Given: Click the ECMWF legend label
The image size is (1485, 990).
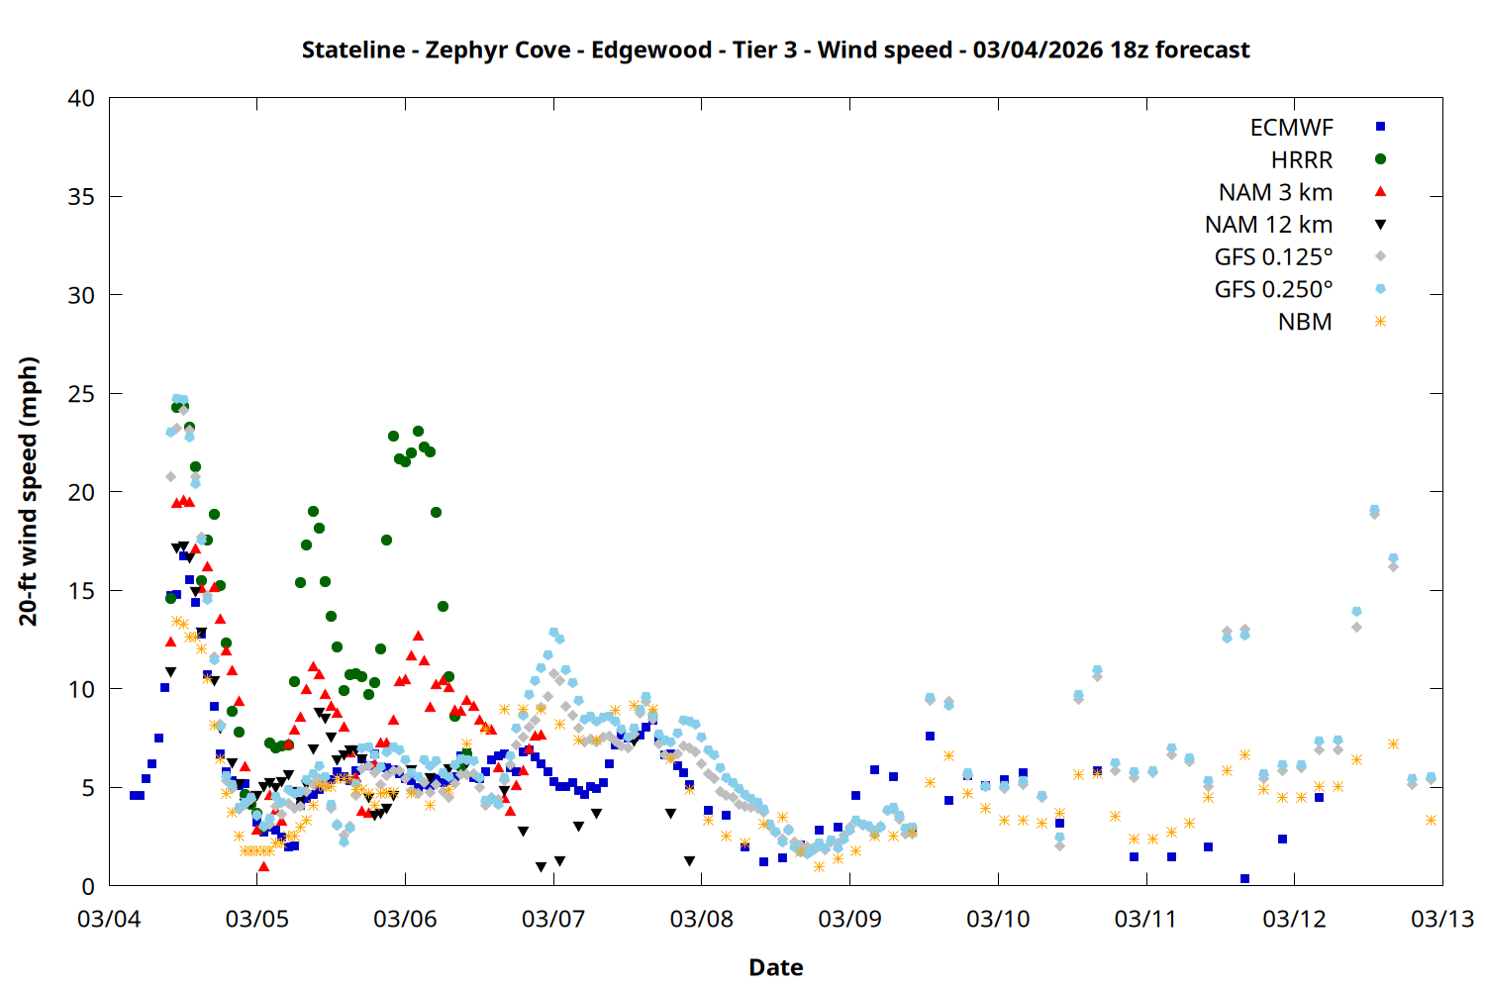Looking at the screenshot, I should (x=1291, y=128).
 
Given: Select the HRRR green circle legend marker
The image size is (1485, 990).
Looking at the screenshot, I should (x=1380, y=159).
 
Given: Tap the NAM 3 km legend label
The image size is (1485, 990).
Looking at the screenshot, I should (x=1275, y=192).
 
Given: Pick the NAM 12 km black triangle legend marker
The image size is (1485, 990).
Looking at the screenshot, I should (x=1380, y=225).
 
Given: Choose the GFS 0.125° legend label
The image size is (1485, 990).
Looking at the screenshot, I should (x=1273, y=257).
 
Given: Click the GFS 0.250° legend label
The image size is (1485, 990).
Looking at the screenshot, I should (x=1273, y=290).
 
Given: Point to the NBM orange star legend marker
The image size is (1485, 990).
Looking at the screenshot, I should (x=1380, y=322).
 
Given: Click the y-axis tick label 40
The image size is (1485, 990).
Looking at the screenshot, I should (x=81, y=98).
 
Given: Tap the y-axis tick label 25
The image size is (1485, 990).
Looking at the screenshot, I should (x=81, y=394).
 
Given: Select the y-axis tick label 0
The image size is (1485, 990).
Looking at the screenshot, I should (x=88, y=886).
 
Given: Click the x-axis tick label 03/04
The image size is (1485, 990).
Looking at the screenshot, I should (x=109, y=919).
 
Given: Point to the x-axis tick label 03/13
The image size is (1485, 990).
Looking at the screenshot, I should (x=1441, y=919).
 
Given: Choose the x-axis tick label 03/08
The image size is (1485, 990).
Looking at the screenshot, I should (x=701, y=919).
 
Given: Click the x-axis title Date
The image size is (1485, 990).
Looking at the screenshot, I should (x=775, y=967).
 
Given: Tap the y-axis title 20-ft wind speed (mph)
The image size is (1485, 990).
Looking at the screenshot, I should (x=28, y=491).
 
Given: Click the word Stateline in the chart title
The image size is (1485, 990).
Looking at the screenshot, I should (x=353, y=49).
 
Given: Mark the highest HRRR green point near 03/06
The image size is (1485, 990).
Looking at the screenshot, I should (x=418, y=431).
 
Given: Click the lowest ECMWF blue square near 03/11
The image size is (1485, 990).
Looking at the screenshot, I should (x=1244, y=878).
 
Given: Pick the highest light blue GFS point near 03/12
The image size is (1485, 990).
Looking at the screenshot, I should (x=1374, y=510).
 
